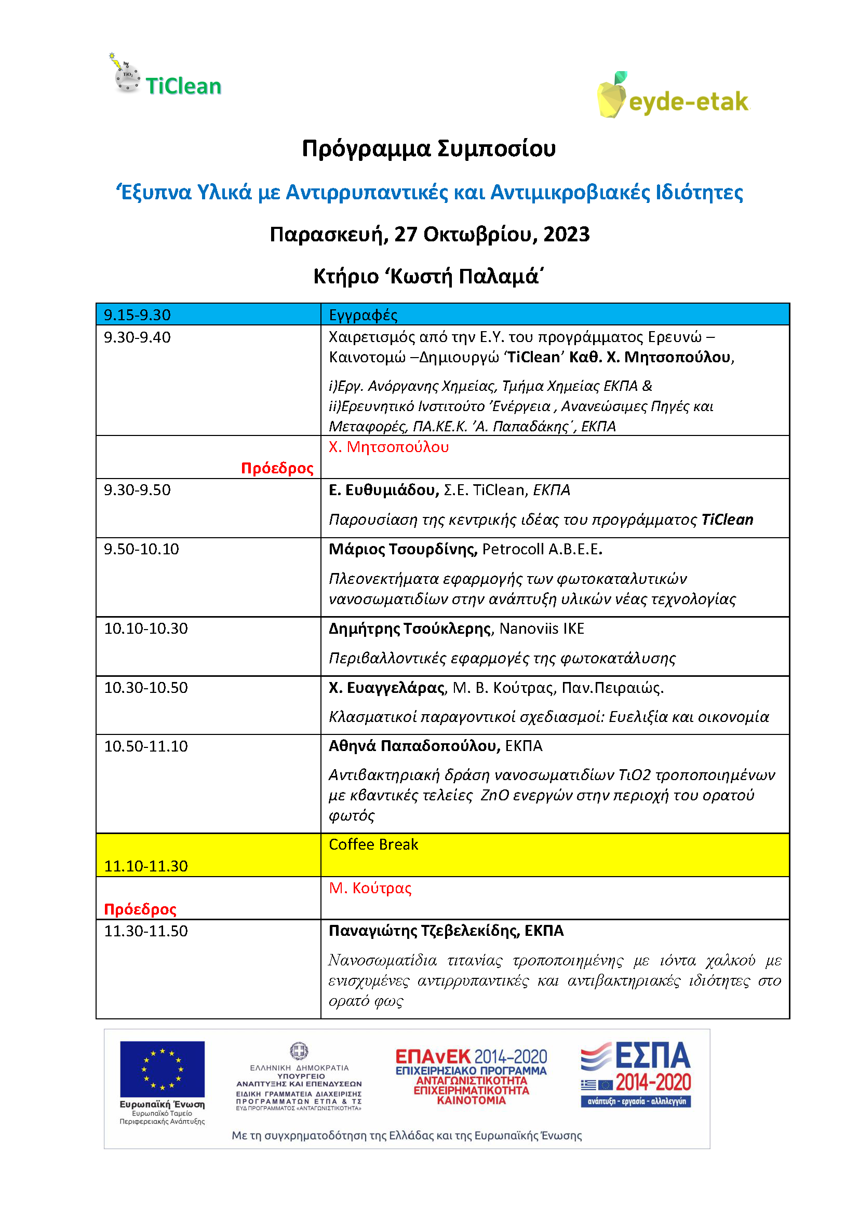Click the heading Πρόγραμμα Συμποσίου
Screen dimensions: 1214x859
pyautogui.click(x=428, y=148)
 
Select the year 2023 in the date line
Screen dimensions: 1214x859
pyautogui.click(x=566, y=234)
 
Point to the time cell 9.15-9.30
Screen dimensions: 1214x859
pyautogui.click(x=137, y=315)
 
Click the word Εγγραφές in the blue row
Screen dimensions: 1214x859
pyautogui.click(x=363, y=315)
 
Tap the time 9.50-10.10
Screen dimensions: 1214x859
pyautogui.click(x=141, y=549)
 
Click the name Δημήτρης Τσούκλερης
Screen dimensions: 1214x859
pyautogui.click(x=410, y=629)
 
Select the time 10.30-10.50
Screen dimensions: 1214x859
pyautogui.click(x=145, y=688)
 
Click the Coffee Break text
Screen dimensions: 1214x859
pyautogui.click(x=373, y=844)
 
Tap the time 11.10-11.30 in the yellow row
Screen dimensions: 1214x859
pyautogui.click(x=145, y=866)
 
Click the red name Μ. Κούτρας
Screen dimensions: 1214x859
pyautogui.click(x=370, y=888)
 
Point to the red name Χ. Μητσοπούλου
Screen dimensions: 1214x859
pyautogui.click(x=389, y=447)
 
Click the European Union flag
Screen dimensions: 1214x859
pyautogui.click(x=162, y=1069)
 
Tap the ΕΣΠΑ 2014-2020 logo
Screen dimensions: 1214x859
pyautogui.click(x=636, y=1074)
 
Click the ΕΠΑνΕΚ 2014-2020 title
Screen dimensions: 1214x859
pyautogui.click(x=471, y=1057)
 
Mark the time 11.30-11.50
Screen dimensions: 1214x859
pyautogui.click(x=145, y=931)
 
